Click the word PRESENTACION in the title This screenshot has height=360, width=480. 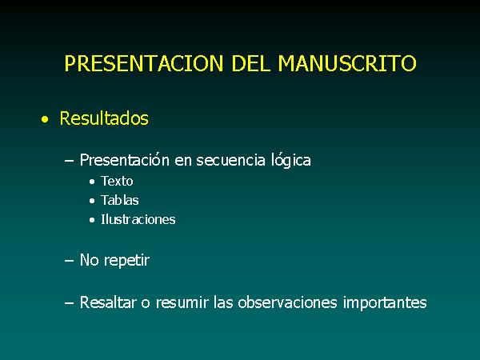point(144,63)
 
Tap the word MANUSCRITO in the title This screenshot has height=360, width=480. point(347,63)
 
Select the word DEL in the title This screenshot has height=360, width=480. point(250,63)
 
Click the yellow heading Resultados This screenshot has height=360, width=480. point(104,118)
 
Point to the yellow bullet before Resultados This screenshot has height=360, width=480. point(45,119)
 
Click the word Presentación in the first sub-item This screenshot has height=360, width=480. point(125,160)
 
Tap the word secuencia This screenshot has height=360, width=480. point(230,161)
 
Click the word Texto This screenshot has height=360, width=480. point(117,182)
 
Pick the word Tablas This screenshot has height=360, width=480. point(120,201)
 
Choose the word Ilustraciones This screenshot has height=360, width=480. point(138,219)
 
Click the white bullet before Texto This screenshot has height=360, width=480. point(92,182)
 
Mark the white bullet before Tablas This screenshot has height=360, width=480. point(92,201)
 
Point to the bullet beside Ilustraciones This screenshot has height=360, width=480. point(92,220)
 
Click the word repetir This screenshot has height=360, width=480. point(126,261)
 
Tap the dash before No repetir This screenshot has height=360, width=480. point(69,261)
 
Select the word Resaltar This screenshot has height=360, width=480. point(108,302)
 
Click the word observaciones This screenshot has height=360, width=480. point(287,302)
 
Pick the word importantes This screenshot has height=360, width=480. point(385,302)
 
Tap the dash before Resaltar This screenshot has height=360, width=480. point(69,303)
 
